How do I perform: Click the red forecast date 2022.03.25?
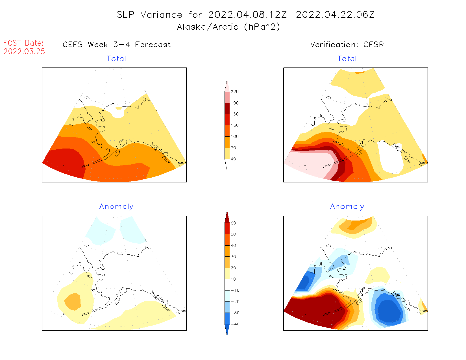click(x=24, y=51)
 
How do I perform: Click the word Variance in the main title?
click(x=161, y=15)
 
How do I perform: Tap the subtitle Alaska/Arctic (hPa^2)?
click(x=228, y=27)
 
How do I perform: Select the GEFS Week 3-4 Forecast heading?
click(x=117, y=45)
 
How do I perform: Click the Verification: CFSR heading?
click(x=347, y=45)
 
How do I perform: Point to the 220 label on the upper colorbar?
click(x=234, y=92)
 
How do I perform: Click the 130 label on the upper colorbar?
click(x=234, y=125)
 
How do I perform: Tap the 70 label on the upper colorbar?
click(x=233, y=148)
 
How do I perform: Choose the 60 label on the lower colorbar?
click(x=233, y=223)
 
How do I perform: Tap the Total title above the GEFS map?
click(x=116, y=59)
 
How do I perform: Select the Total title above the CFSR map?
click(x=347, y=59)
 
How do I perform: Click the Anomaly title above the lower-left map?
click(x=116, y=207)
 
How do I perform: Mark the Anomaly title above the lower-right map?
click(x=347, y=207)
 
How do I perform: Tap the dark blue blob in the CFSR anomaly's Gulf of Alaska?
click(x=390, y=311)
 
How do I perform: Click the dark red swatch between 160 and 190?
click(x=227, y=108)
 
